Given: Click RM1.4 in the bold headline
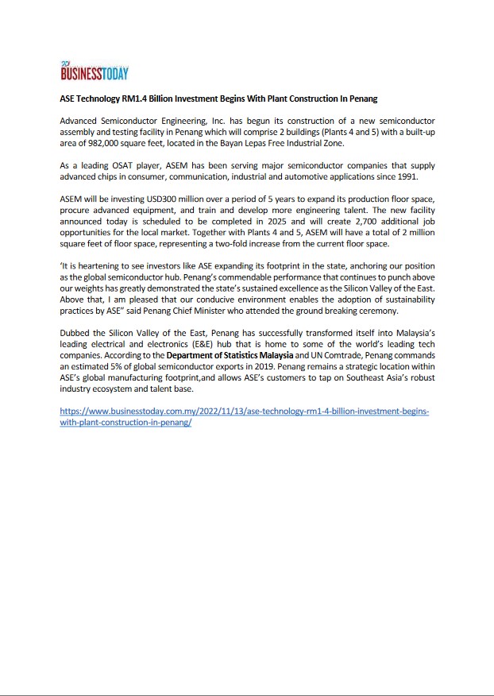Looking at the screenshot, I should (x=138, y=99).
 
